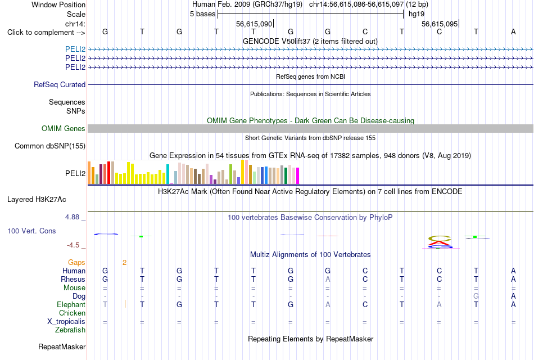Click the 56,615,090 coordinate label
pyautogui.click(x=254, y=24)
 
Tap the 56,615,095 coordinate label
pyautogui.click(x=440, y=24)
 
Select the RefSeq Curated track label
pyautogui.click(x=60, y=84)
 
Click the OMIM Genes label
pyautogui.click(x=64, y=128)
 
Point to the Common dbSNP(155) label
pyautogui.click(x=50, y=146)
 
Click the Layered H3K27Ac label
pyautogui.click(x=37, y=200)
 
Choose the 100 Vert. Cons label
pyautogui.click(x=31, y=231)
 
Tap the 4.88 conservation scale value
pyautogui.click(x=72, y=217)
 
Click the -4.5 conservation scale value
pyautogui.click(x=73, y=245)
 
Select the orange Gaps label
pyautogui.click(x=76, y=262)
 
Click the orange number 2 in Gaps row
pyautogui.click(x=125, y=263)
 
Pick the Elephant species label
pyautogui.click(x=71, y=304)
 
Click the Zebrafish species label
pyautogui.click(x=70, y=330)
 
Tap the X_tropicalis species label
pyautogui.click(x=66, y=322)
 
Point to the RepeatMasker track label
pyautogui.click(x=62, y=346)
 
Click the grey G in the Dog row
pyautogui.click(x=476, y=296)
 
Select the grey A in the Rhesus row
pyautogui.click(x=328, y=279)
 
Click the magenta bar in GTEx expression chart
pyautogui.click(x=298, y=176)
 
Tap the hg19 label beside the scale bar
pyautogui.click(x=417, y=14)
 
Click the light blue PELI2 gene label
pyautogui.click(x=75, y=49)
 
